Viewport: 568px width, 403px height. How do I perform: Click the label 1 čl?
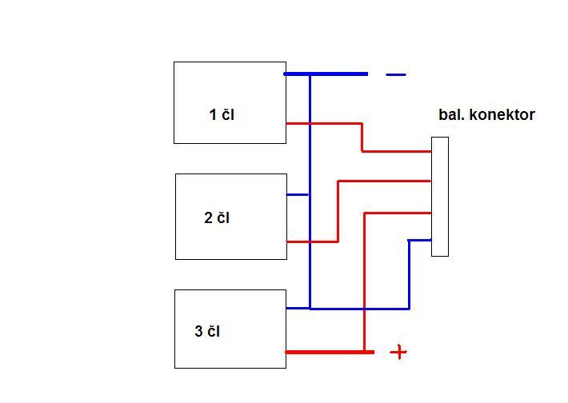coord(222,115)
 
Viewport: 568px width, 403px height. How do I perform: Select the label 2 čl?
coord(217,218)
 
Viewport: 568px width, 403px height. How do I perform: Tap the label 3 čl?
coord(207,331)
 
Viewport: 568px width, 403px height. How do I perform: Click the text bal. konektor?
coord(486,115)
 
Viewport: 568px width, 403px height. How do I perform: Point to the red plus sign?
coord(398,352)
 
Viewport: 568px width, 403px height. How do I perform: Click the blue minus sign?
coord(396,74)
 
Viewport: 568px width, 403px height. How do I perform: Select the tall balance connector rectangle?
coord(440,197)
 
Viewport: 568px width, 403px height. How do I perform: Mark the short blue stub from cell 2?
coord(298,194)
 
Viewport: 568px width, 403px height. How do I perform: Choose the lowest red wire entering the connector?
coord(398,213)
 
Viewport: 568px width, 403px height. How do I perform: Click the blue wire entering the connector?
coord(420,240)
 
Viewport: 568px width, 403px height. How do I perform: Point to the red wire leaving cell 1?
coord(324,124)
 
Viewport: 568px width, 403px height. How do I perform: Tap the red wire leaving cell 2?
coord(312,241)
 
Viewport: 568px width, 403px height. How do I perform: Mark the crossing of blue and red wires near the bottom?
coord(365,309)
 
